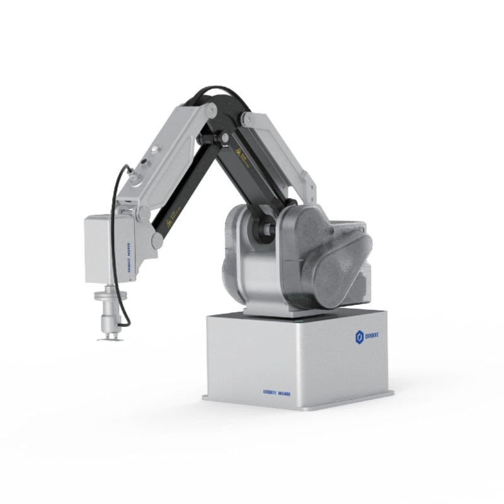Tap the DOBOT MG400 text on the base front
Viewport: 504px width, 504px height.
[x=277, y=392]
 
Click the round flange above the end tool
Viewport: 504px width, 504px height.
[x=108, y=295]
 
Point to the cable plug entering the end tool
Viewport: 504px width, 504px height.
[x=123, y=324]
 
